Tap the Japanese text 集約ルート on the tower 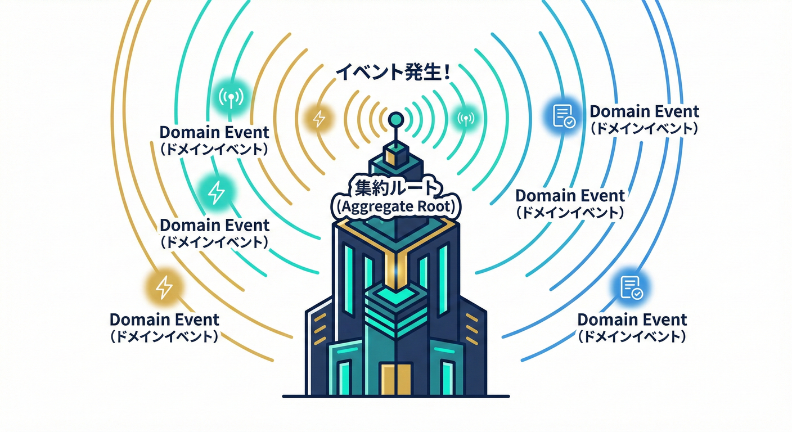click(396, 186)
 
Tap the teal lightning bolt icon click(216, 192)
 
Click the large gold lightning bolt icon click(164, 287)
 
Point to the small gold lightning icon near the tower click(318, 119)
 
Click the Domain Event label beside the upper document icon click(644, 111)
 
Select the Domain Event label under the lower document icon click(632, 320)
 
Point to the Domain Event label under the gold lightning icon click(164, 320)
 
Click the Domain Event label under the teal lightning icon click(214, 225)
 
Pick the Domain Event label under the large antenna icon click(214, 133)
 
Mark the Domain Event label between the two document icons click(570, 196)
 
